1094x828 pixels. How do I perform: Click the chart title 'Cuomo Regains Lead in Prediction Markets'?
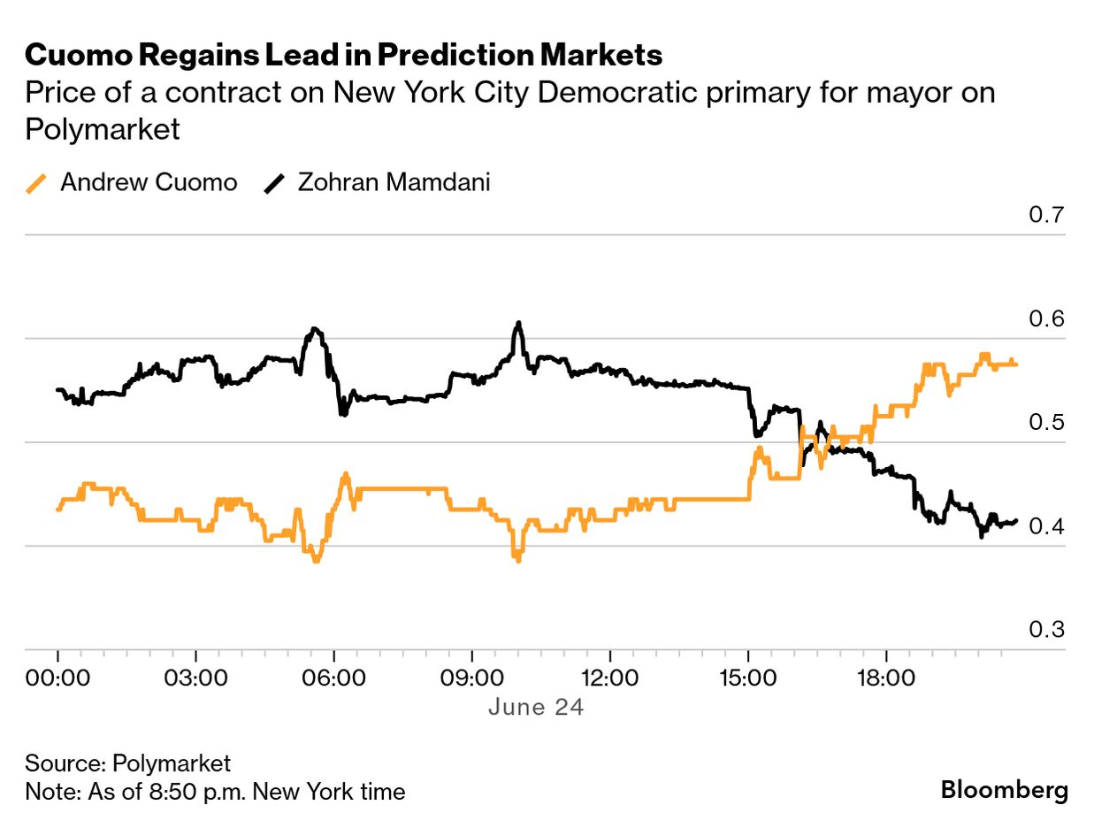tap(344, 55)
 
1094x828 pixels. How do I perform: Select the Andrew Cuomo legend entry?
tap(132, 183)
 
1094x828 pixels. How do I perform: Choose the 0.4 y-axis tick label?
tap(1046, 526)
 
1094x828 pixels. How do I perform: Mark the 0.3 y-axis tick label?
tap(1046, 630)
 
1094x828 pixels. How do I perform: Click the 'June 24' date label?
tap(536, 708)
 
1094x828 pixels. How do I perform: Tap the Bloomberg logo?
tap(1004, 790)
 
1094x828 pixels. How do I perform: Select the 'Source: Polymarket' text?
tap(127, 763)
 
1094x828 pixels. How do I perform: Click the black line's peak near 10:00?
tap(518, 324)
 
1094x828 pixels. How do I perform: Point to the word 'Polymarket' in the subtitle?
tap(103, 129)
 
